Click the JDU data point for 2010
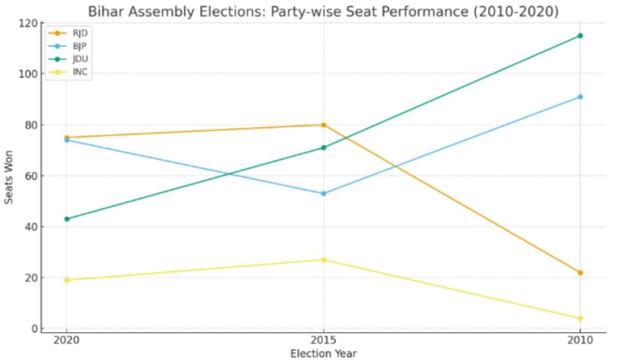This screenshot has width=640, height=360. [580, 36]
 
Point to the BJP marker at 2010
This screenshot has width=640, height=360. [580, 97]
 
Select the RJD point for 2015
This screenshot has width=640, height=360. [324, 125]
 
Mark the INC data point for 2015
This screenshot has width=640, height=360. [324, 260]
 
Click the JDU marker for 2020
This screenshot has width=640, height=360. [67, 219]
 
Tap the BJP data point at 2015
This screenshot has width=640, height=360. [324, 194]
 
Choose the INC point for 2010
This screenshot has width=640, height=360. [580, 319]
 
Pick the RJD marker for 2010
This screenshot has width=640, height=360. [580, 272]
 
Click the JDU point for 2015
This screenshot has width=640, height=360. [324, 147]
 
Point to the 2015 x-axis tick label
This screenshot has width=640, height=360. [324, 341]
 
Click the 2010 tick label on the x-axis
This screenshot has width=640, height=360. [580, 341]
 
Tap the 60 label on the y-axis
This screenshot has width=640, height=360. [29, 176]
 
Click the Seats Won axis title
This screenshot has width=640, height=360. [9, 176]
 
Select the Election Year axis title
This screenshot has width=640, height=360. [323, 354]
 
